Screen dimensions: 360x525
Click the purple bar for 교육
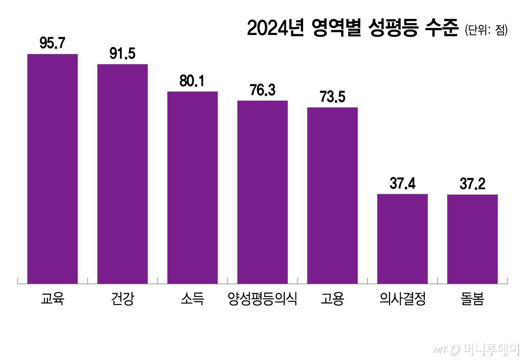52,169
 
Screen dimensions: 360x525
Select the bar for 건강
122,174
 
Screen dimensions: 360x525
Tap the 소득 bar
192,188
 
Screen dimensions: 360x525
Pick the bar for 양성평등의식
262,192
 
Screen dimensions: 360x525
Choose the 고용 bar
332,196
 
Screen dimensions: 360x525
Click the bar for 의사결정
402,239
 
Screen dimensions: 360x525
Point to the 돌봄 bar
472,239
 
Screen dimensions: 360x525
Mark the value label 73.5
332,97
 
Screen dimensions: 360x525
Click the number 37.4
402,183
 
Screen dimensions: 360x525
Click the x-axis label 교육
52,300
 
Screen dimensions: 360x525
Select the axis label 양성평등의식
262,300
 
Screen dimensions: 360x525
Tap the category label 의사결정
402,300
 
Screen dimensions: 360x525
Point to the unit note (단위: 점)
486,31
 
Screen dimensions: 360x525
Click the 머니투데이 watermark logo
477,349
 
